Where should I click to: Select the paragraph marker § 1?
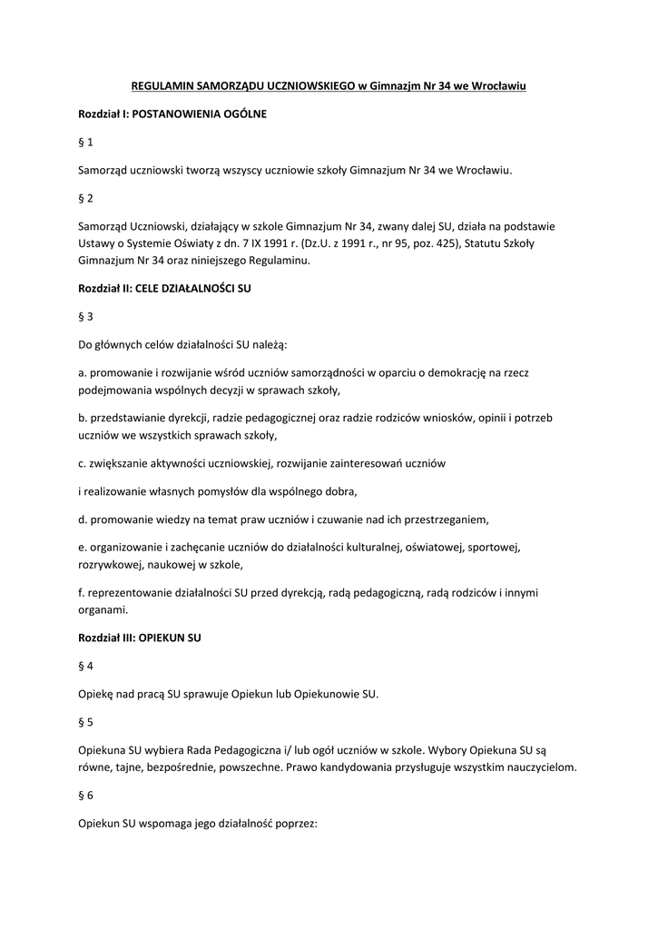(85, 143)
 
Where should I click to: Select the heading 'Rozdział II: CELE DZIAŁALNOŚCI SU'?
(164, 289)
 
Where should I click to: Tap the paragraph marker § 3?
(85, 317)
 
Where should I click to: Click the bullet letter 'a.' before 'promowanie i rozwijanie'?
(83, 373)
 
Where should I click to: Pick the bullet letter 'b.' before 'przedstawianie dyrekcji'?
(83, 419)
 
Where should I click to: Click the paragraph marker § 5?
(85, 723)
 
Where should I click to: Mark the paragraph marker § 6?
(85, 796)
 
